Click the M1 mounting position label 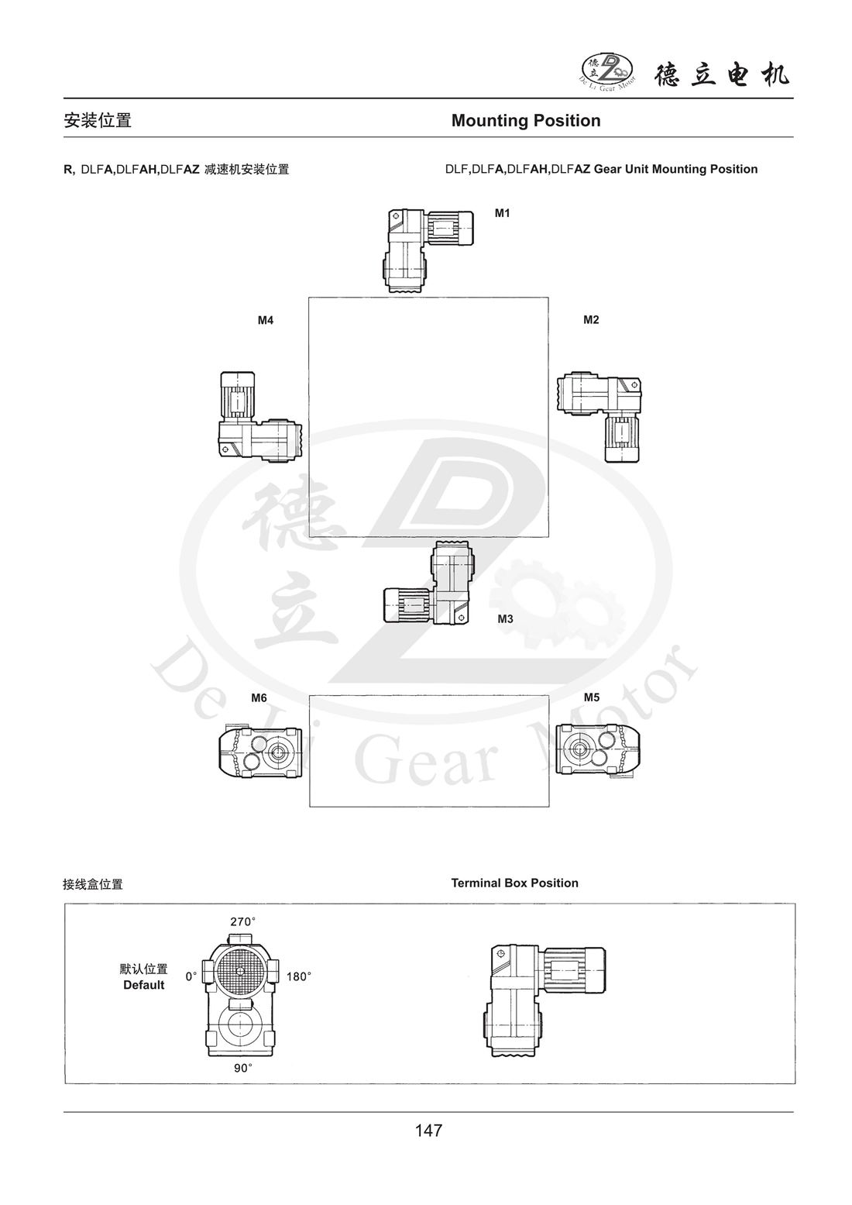(x=503, y=212)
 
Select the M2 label (x=591, y=320)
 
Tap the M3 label (x=505, y=619)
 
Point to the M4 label (x=266, y=320)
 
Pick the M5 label (x=591, y=697)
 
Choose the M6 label (x=259, y=697)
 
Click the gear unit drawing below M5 (x=598, y=749)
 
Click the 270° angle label (x=242, y=922)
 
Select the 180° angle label (x=298, y=977)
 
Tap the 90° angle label (x=243, y=1068)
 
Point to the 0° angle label (x=191, y=977)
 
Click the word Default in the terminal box (x=144, y=985)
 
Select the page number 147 (x=428, y=1131)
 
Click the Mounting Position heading (x=526, y=121)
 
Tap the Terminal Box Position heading (x=514, y=883)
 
